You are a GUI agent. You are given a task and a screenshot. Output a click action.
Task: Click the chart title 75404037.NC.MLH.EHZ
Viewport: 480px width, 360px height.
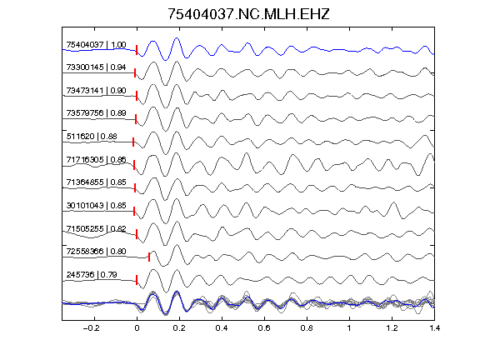click(x=248, y=14)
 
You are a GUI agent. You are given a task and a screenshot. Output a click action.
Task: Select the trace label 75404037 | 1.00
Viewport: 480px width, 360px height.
click(x=96, y=45)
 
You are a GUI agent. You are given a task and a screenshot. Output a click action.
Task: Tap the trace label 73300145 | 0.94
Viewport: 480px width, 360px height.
click(x=96, y=67)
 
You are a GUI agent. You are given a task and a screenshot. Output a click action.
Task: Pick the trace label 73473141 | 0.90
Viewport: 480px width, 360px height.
click(x=96, y=91)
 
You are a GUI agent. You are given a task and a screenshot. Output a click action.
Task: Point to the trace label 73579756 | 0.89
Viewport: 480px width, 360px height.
click(x=96, y=113)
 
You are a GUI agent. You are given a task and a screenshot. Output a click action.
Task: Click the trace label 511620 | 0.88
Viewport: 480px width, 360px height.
click(x=92, y=136)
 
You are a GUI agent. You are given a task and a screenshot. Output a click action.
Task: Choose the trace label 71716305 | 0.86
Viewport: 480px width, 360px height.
click(x=96, y=159)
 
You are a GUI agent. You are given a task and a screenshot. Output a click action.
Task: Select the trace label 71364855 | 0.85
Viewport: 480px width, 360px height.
click(x=96, y=182)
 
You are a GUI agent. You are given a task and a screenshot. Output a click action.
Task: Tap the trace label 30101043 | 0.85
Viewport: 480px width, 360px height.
click(x=96, y=205)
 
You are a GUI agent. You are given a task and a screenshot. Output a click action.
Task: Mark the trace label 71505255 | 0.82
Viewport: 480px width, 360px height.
click(x=96, y=228)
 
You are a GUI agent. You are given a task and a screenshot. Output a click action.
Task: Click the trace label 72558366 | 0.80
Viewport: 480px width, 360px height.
click(x=96, y=252)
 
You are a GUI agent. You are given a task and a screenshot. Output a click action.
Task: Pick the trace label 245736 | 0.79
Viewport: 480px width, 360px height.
click(x=92, y=275)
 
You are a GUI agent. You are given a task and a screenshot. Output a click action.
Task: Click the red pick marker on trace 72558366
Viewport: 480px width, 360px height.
click(x=149, y=257)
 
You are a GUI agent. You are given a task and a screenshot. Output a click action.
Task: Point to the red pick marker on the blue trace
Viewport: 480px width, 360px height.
click(x=137, y=50)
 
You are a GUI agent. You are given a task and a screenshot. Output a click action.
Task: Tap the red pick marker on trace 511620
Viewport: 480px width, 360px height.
click(x=133, y=142)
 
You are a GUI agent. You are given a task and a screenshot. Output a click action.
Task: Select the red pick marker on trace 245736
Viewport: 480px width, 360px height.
click(x=137, y=280)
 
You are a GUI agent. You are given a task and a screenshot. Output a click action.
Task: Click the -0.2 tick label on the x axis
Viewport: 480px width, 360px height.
click(x=92, y=328)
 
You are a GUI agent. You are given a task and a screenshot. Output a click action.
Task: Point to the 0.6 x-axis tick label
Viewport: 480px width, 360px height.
click(x=264, y=328)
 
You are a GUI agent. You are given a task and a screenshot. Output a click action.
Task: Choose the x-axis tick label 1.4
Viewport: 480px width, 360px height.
click(x=434, y=328)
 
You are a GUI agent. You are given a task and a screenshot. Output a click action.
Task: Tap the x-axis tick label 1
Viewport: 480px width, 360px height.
click(x=349, y=328)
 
